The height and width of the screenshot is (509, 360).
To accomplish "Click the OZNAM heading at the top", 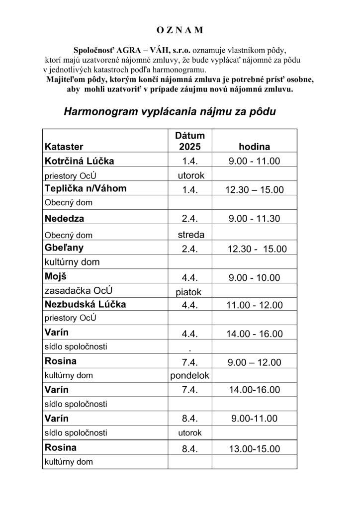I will (x=180, y=30).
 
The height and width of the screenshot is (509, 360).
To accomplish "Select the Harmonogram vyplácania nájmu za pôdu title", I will (x=170, y=112).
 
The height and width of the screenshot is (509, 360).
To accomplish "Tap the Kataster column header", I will (x=64, y=147).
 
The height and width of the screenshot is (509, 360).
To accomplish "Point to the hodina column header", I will (x=254, y=147).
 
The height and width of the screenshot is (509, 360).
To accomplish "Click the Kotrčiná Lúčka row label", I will (x=79, y=161).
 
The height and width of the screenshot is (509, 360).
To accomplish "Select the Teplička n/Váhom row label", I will (x=86, y=189).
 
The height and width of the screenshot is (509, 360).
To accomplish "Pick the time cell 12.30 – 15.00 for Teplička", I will (x=255, y=190).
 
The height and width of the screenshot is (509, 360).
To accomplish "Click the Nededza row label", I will (x=64, y=218).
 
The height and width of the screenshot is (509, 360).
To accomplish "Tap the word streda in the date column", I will (x=190, y=235).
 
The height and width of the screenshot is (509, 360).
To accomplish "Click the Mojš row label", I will (x=56, y=277).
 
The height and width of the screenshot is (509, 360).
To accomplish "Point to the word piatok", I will (x=189, y=292).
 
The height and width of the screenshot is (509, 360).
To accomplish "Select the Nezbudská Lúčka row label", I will (x=85, y=305).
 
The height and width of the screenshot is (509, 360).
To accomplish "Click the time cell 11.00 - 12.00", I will (x=255, y=305).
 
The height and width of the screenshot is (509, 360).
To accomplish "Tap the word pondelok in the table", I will (x=190, y=376).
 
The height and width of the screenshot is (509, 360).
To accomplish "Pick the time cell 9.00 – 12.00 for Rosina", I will (x=255, y=362).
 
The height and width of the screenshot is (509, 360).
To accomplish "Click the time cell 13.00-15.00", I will (x=255, y=449).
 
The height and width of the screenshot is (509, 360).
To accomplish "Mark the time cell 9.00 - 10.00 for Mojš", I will (x=255, y=278).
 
